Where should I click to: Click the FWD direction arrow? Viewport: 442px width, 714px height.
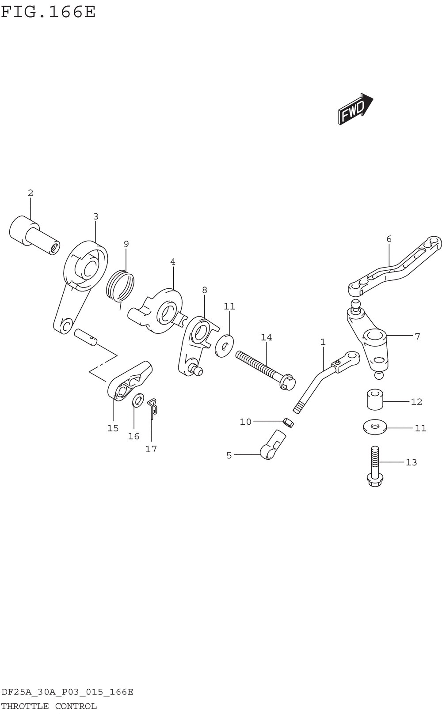point(355,109)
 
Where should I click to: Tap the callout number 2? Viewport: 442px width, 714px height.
point(30,193)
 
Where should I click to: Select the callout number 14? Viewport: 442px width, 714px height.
point(266,337)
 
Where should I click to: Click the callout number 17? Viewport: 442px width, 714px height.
point(151,449)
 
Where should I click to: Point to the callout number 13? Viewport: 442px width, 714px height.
point(411,462)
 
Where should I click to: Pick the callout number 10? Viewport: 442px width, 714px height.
point(245,422)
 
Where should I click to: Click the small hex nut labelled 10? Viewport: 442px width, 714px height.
point(288,422)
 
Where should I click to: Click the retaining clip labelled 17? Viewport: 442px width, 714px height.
point(152,406)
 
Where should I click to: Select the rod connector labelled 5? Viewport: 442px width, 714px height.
point(272,446)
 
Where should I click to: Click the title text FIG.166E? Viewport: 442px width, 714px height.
point(48,11)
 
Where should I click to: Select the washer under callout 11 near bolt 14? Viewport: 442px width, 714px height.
point(225,345)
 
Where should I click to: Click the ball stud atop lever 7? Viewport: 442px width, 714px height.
point(356,304)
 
